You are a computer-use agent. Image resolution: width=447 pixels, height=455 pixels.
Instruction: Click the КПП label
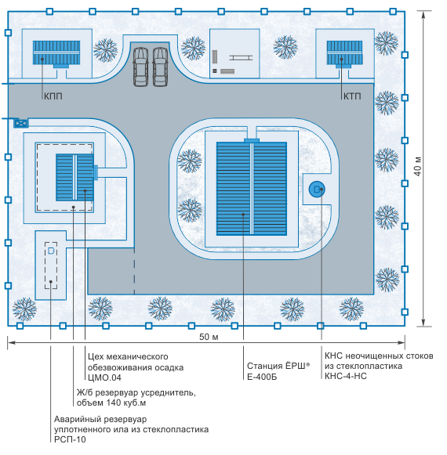click(53, 96)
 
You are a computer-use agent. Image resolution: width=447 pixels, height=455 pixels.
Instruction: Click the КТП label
click(352, 96)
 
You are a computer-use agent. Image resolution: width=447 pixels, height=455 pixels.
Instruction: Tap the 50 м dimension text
click(209, 337)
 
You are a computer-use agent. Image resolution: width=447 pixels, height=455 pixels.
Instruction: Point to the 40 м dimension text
click(418, 167)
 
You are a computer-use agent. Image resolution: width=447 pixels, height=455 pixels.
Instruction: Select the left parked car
click(140, 67)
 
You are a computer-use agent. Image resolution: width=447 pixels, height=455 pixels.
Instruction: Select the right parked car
click(160, 67)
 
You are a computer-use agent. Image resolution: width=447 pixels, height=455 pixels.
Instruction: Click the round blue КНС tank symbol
click(317, 190)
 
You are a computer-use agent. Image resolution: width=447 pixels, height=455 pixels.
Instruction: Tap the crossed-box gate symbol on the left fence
click(21, 123)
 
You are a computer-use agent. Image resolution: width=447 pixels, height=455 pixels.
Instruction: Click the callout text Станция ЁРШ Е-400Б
click(278, 371)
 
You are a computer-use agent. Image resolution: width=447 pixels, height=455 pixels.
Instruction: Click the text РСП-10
click(70, 439)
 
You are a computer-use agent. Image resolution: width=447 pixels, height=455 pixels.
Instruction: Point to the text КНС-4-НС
click(346, 376)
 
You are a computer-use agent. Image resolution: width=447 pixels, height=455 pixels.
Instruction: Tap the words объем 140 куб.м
click(111, 403)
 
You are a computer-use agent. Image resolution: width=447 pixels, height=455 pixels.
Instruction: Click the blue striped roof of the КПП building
click(56, 52)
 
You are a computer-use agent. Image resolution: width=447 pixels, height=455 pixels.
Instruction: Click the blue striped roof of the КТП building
click(344, 52)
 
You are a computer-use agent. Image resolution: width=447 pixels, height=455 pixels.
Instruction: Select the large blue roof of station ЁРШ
click(252, 189)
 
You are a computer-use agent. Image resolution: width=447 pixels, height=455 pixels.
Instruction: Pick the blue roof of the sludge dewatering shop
click(74, 177)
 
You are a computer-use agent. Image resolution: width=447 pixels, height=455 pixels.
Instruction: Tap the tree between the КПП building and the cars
click(106, 50)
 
